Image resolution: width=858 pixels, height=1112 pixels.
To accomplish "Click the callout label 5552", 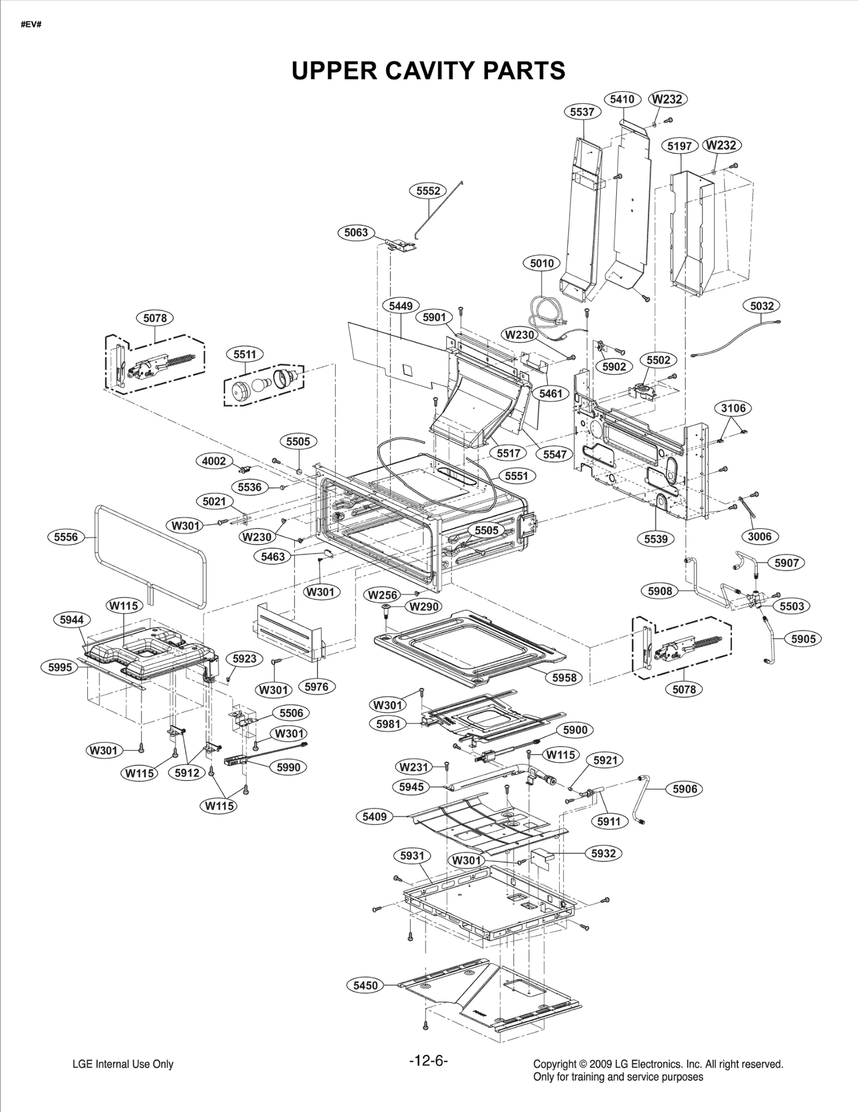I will tap(428, 191).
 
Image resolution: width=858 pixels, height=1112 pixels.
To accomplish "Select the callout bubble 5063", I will tap(356, 232).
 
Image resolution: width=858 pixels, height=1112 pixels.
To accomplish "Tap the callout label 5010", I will tap(542, 263).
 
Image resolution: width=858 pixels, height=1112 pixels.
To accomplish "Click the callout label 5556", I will tap(66, 537).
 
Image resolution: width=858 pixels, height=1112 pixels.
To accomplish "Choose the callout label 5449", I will tap(401, 306).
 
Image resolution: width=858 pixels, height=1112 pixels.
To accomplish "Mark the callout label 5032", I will tap(761, 306).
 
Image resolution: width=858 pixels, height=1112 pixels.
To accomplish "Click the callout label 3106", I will tap(733, 408).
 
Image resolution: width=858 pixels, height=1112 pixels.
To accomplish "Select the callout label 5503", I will tap(792, 606).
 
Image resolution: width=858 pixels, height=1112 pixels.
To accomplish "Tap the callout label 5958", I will tap(564, 677).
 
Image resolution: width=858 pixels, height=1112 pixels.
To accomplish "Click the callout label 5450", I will tap(365, 985).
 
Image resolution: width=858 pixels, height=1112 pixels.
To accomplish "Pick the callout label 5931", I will tap(412, 856).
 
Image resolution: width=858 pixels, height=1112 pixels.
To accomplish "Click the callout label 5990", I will tap(289, 767).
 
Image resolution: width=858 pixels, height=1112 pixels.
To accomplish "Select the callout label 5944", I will tap(72, 620).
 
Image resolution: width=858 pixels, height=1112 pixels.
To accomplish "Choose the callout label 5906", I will tap(685, 789).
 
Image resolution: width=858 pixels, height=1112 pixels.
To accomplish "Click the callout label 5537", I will tap(582, 112).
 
